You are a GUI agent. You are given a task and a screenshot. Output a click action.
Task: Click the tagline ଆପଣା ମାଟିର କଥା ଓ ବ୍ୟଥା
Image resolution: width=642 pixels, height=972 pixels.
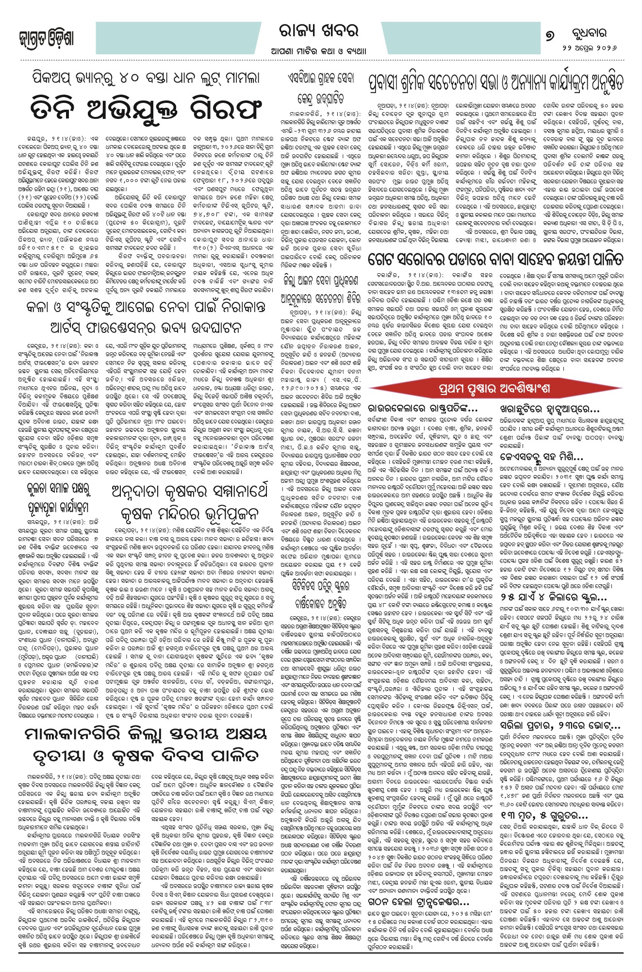[321, 51]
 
